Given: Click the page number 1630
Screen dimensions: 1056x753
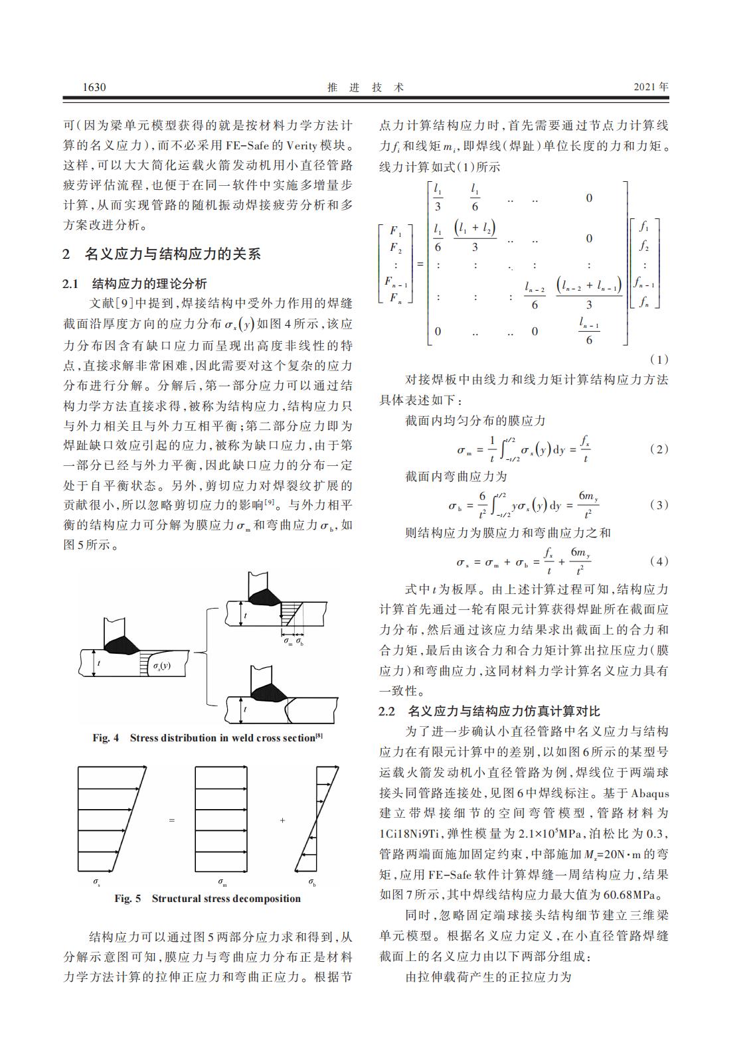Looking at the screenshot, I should pos(94,88).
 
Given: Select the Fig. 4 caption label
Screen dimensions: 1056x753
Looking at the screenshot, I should pos(106,738).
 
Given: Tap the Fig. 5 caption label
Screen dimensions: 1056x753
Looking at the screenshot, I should pos(127,899).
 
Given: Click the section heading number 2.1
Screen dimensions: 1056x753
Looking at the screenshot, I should pos(71,284).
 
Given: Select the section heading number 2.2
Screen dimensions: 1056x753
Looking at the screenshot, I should pos(387,712).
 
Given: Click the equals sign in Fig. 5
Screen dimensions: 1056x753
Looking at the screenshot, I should pos(171,821).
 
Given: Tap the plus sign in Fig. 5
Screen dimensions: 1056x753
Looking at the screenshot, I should pos(282,821).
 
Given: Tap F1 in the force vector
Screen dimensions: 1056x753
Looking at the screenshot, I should pos(395,232).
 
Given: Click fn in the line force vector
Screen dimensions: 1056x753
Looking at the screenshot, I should pos(643,303).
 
